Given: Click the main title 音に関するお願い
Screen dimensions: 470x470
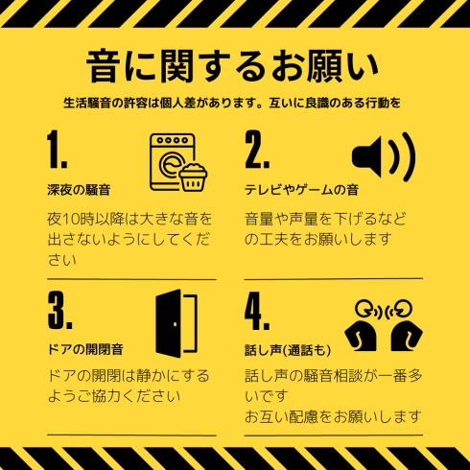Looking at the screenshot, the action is point(232,66).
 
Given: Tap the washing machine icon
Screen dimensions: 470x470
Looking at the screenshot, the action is point(177,162).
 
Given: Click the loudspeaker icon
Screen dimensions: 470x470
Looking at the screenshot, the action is point(384,156).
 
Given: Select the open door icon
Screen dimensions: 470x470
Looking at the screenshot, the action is point(176,323).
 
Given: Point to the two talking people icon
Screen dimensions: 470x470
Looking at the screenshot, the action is point(384,325).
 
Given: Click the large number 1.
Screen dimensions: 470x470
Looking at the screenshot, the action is point(57,149).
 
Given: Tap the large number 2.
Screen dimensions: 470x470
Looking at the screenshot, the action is point(257,149).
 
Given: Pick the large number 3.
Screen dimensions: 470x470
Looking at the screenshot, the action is point(59,310).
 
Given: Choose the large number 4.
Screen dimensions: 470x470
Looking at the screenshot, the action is point(257,311).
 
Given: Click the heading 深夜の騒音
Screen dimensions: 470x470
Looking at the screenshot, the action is point(79,190).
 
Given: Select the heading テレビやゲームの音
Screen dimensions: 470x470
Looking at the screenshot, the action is point(301,190).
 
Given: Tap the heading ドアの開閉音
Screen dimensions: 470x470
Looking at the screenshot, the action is point(85,349).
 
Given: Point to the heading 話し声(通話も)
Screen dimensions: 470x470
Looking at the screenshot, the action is point(288,350).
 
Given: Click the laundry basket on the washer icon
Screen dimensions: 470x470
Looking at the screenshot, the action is point(193,177).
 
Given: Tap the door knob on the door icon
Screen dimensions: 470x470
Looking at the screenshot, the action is point(175,324).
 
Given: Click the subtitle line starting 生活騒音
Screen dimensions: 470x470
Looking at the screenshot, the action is point(232,103).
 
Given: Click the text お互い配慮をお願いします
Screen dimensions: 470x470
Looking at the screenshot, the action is point(333,416).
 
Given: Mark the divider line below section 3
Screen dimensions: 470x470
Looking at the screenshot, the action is point(131,435).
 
